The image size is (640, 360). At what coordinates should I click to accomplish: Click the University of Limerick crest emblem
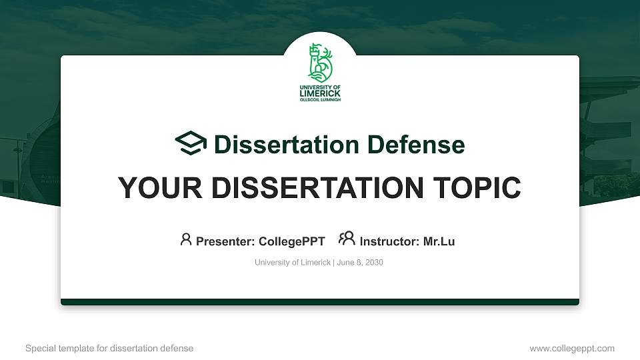point(320,63)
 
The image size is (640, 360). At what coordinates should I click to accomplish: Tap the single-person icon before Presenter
point(186,239)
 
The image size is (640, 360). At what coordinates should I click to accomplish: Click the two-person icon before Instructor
point(347,239)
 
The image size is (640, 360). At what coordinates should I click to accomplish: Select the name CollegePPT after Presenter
point(293,241)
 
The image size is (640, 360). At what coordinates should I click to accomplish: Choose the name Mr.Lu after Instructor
point(439,241)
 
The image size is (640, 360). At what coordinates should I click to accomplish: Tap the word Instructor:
point(390,241)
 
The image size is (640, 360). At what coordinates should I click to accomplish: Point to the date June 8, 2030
point(360,263)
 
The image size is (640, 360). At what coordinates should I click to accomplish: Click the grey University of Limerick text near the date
point(292,263)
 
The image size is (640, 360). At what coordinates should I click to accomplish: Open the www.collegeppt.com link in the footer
point(572,348)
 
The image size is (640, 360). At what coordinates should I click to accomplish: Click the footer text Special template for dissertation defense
point(109,348)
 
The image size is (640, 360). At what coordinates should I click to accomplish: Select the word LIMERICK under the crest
point(320,93)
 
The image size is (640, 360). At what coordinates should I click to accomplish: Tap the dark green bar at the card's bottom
point(320,302)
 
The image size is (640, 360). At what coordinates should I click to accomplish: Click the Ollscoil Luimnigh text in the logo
point(320,99)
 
